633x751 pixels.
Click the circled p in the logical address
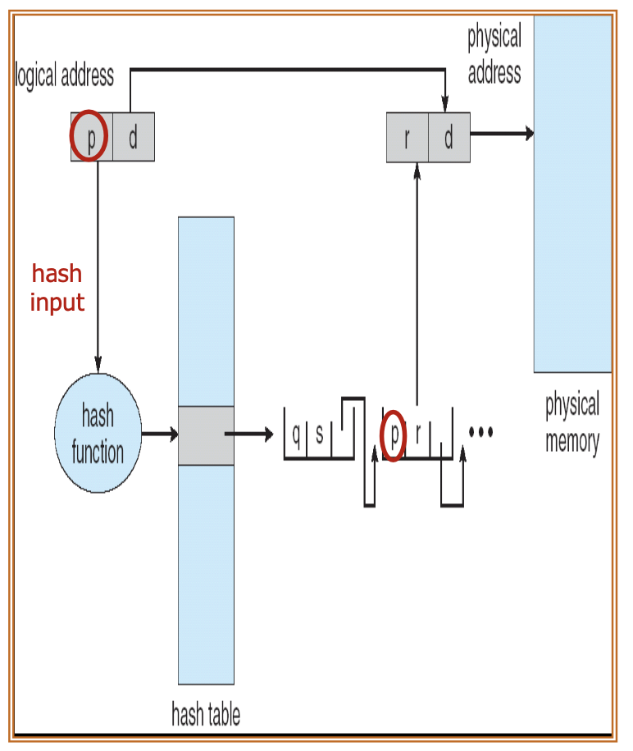[90, 137]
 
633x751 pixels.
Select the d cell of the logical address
[133, 137]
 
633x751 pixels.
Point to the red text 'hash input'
[57, 288]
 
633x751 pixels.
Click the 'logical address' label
[65, 76]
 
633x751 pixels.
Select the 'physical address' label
[494, 55]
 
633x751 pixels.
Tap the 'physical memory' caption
[572, 423]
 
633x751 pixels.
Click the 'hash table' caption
[206, 714]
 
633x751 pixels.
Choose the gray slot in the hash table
[206, 435]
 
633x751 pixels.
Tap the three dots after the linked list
[480, 431]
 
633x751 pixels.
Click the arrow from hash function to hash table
[159, 435]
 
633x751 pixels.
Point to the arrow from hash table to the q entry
[249, 435]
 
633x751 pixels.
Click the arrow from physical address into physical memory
[501, 134]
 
